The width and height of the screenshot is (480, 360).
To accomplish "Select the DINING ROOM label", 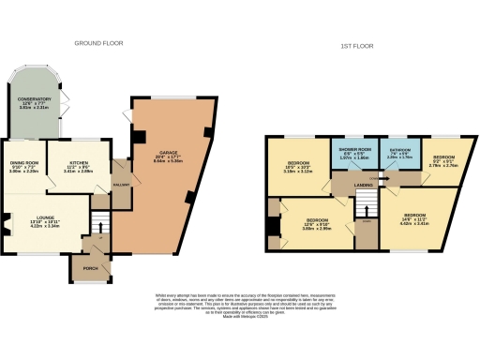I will pyautogui.click(x=24, y=166).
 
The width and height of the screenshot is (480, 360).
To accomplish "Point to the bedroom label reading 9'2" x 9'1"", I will pyautogui.click(x=442, y=159).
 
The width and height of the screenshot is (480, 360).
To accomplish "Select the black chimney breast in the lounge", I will pyautogui.click(x=7, y=224).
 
